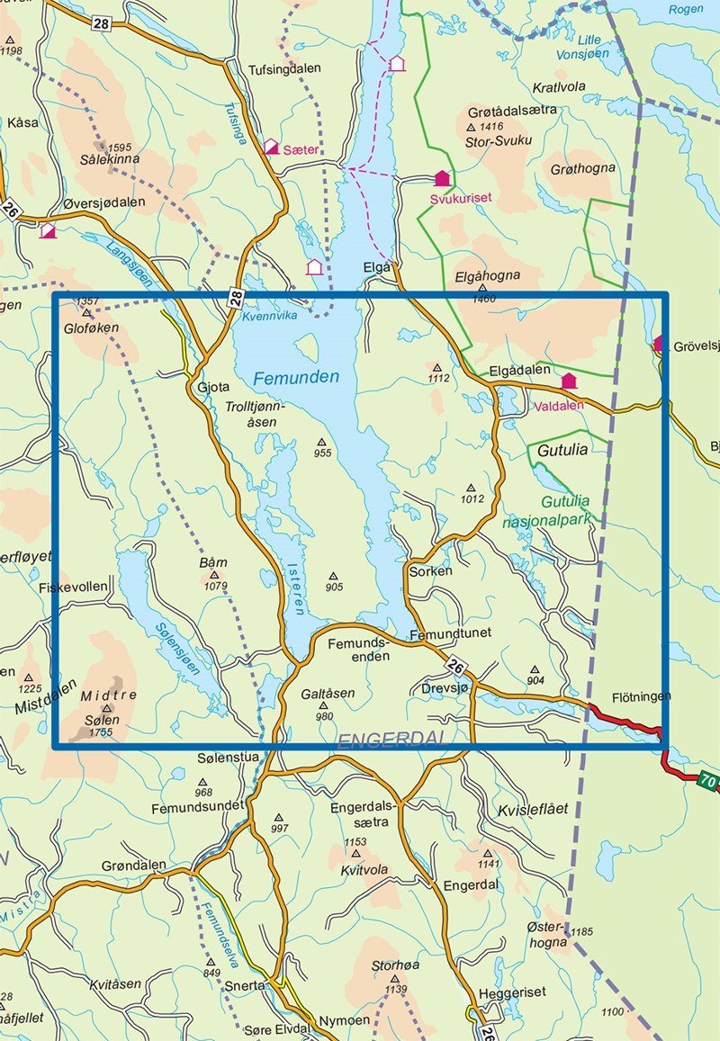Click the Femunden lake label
pos(296,377)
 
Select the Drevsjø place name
pos(445,688)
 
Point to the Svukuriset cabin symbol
pos(442,178)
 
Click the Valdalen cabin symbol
pos(569,381)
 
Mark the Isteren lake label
pos(298,589)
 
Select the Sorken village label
pos(429,571)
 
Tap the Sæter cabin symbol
pos(272,146)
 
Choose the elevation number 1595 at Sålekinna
pos(119,147)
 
